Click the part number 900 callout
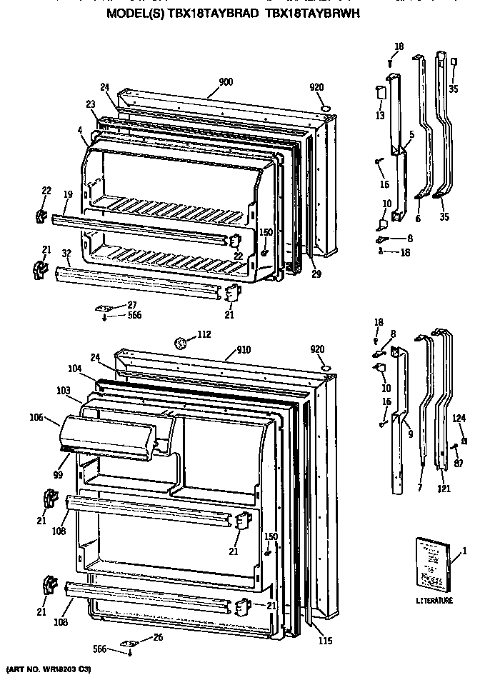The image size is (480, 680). tap(226, 82)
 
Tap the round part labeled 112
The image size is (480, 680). tap(182, 344)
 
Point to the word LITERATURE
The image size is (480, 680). tap(434, 601)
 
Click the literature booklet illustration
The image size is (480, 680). tap(434, 565)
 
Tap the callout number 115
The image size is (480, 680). tap(325, 641)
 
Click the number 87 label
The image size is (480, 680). tap(459, 464)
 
